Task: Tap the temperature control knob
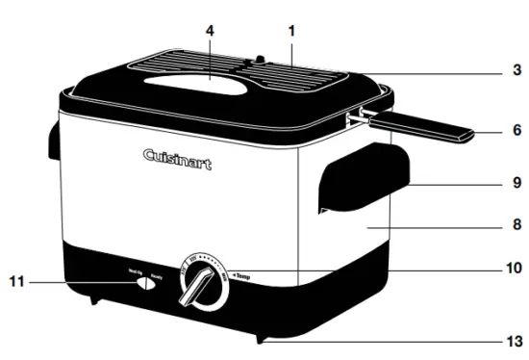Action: pyautogui.click(x=202, y=284)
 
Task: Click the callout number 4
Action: pyautogui.click(x=209, y=29)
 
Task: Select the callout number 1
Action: pyautogui.click(x=290, y=29)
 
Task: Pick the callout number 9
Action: pyautogui.click(x=517, y=180)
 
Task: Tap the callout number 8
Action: pyautogui.click(x=517, y=223)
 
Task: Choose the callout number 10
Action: pyautogui.click(x=515, y=267)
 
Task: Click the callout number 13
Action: pyautogui.click(x=516, y=341)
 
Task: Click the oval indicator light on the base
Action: pyautogui.click(x=144, y=284)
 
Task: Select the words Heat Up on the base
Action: pyautogui.click(x=135, y=272)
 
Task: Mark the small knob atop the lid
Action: pyautogui.click(x=258, y=62)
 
